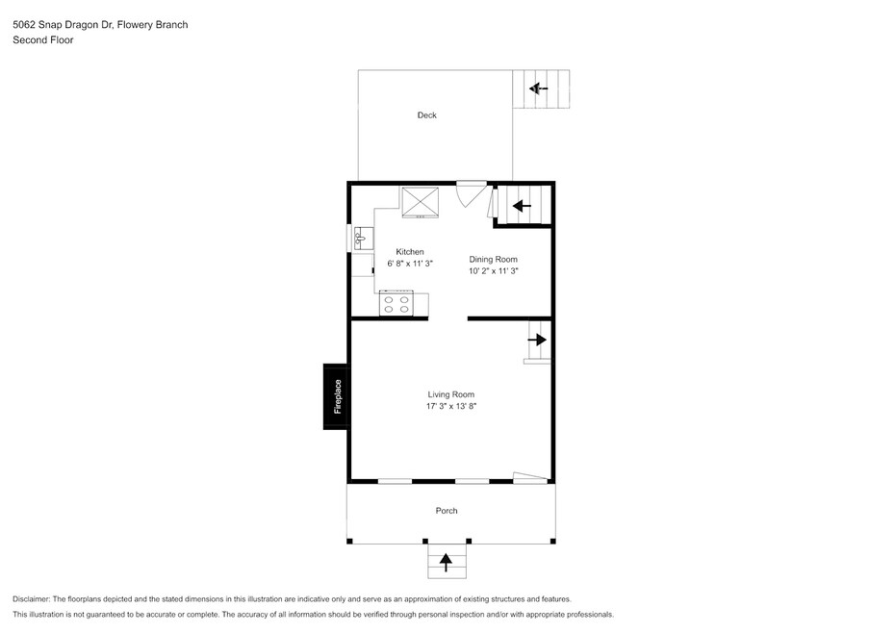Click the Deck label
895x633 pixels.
click(x=427, y=115)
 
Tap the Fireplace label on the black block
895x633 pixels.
click(x=338, y=396)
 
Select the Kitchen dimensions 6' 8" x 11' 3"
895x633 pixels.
click(x=410, y=264)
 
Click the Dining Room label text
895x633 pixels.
click(x=493, y=259)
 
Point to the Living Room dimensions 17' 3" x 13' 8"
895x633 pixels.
click(x=451, y=406)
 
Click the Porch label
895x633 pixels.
click(x=447, y=511)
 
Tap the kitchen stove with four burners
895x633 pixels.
click(x=396, y=303)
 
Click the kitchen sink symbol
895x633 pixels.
click(x=364, y=238)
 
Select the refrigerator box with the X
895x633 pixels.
click(x=421, y=202)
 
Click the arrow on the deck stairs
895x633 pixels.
click(x=538, y=89)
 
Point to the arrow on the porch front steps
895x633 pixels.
click(x=446, y=563)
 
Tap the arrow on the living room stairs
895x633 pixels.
click(x=537, y=340)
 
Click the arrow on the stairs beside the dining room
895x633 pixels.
click(x=522, y=206)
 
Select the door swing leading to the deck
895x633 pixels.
click(x=472, y=194)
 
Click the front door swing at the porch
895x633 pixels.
click(x=531, y=478)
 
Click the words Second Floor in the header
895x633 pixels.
click(x=42, y=40)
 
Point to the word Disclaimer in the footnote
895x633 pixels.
click(x=32, y=599)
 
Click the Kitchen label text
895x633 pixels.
click(x=410, y=252)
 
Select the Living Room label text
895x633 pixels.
click(x=451, y=394)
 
